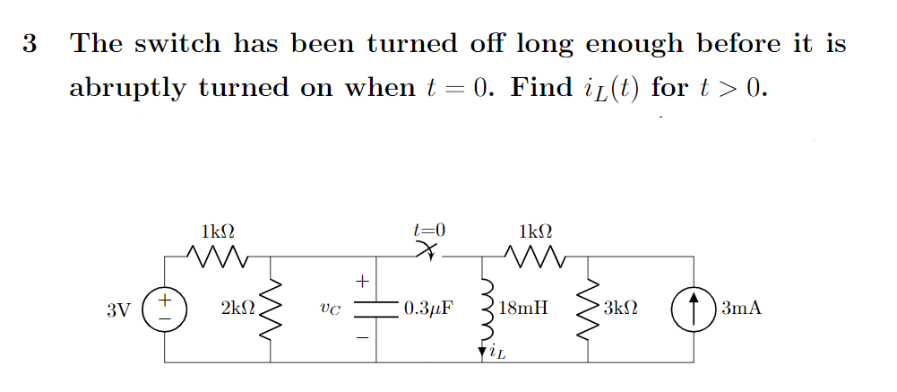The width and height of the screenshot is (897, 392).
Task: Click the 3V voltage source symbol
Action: [x=165, y=309]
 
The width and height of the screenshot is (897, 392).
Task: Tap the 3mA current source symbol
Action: [x=694, y=309]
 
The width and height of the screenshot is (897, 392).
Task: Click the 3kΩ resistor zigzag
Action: [x=588, y=309]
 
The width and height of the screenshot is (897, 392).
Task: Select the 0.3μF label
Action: [x=428, y=310]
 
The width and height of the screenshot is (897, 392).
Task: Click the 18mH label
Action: [x=524, y=310]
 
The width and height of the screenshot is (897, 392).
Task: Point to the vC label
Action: [x=329, y=310]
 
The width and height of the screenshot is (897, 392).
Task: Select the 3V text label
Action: [x=117, y=310]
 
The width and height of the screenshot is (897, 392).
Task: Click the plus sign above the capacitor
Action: [x=363, y=282]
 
